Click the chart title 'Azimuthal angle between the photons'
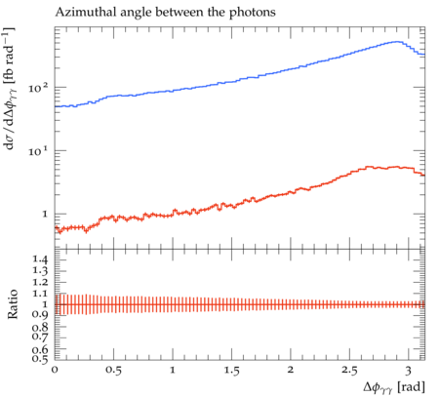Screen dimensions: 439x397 click(165, 13)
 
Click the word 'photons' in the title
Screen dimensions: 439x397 click(253, 13)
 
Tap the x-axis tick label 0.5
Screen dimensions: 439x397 click(113, 371)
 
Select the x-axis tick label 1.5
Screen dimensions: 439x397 click(231, 371)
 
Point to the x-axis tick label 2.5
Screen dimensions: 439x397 click(349, 371)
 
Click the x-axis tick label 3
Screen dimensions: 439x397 click(408, 371)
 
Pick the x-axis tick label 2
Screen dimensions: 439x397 click(291, 370)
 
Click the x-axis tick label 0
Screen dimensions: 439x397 click(55, 370)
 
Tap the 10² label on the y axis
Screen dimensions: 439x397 click(38, 87)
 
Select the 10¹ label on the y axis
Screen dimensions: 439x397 click(38, 150)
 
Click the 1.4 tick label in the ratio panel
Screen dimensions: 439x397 click(40, 259)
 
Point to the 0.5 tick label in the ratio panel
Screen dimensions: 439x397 click(40, 358)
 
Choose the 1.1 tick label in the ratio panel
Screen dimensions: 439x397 click(40, 294)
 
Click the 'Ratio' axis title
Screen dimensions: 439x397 click(13, 304)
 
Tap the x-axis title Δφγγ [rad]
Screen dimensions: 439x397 click(394, 387)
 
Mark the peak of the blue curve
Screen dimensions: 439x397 click(397, 42)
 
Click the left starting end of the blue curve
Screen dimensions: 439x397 click(55, 106)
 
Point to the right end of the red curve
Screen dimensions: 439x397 click(424, 176)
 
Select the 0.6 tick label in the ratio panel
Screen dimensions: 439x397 click(40, 349)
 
